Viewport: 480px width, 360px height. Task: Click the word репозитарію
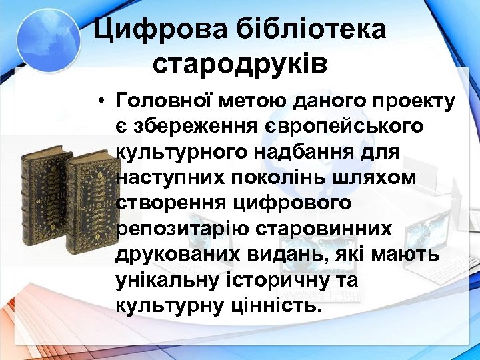(178, 228)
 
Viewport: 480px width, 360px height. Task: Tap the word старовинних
(319, 228)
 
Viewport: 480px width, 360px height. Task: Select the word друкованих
(175, 254)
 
